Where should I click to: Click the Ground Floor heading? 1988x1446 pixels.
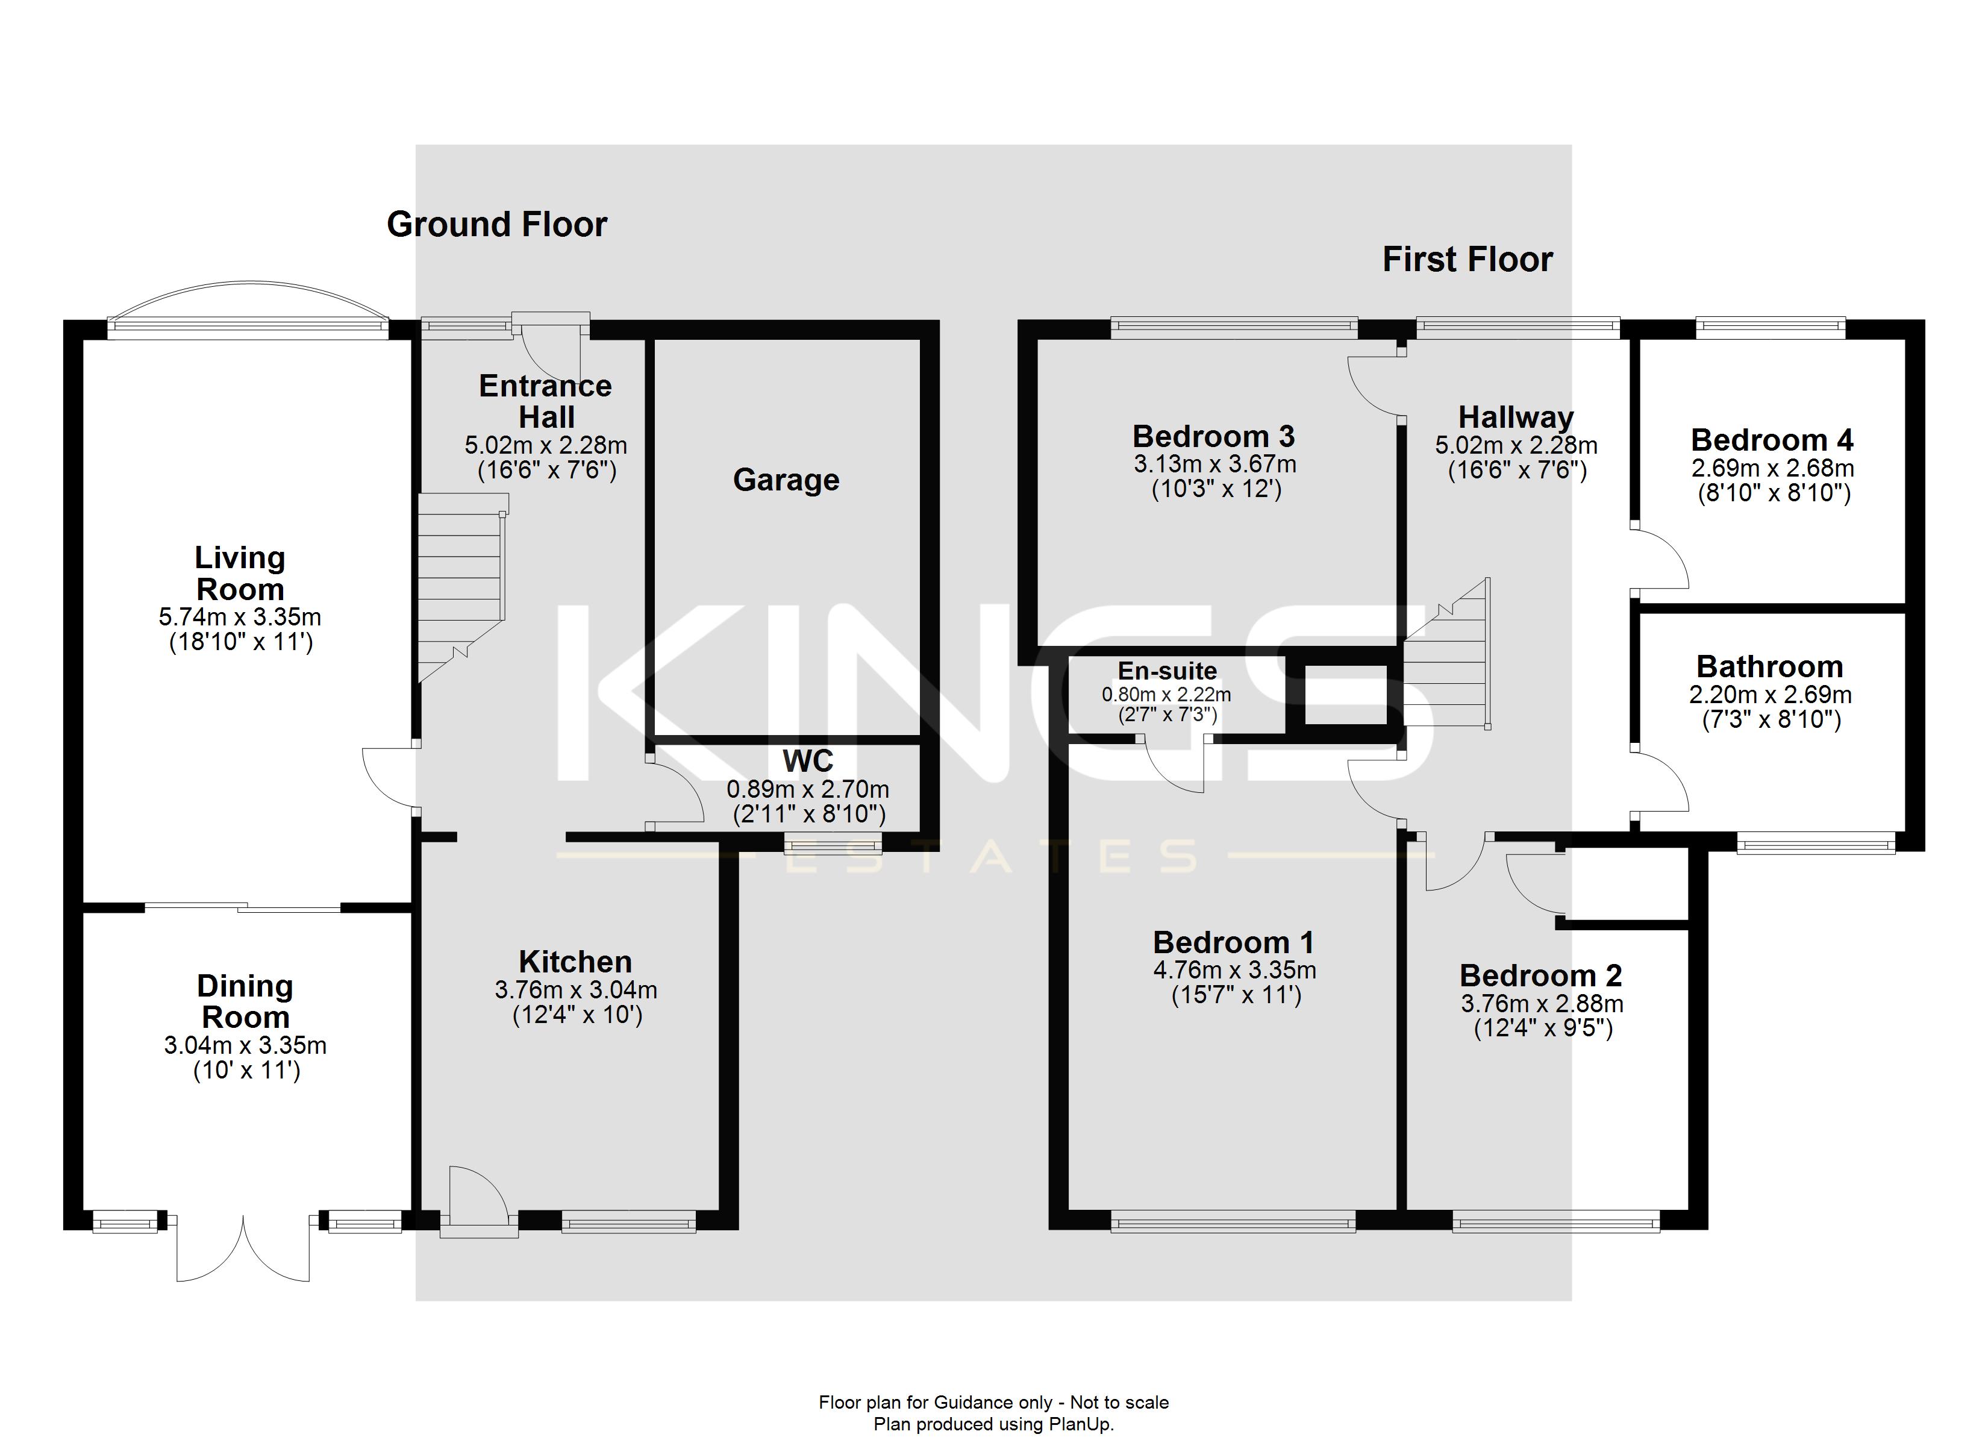496,225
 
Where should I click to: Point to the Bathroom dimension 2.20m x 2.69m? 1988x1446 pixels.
1770,695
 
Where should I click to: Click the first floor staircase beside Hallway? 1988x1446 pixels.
1447,666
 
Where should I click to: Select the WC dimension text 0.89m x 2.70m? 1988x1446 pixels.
807,789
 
